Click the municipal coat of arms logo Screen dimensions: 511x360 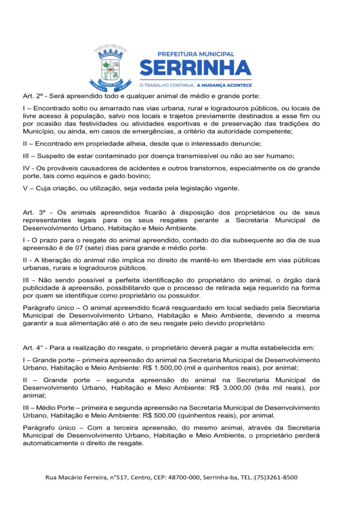pyautogui.click(x=110, y=67)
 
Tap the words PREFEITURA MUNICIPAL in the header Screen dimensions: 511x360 pyautogui.click(x=196, y=53)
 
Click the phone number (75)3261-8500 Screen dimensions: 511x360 pyautogui.click(x=276, y=478)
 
